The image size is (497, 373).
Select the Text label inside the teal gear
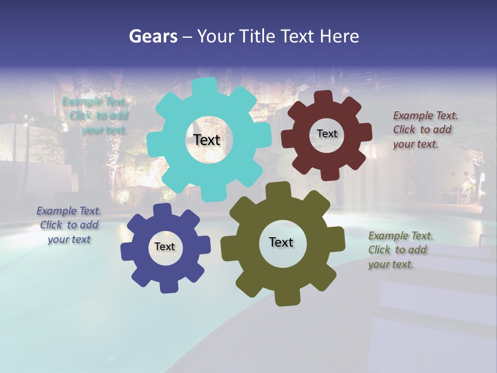coord(207,140)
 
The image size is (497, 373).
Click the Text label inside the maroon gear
coord(327,134)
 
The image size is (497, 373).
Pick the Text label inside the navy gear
coord(165,247)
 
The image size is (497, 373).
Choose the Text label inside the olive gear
coord(281,242)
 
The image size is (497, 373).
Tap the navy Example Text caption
coord(69,225)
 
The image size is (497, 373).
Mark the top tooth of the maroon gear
coord(324,97)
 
